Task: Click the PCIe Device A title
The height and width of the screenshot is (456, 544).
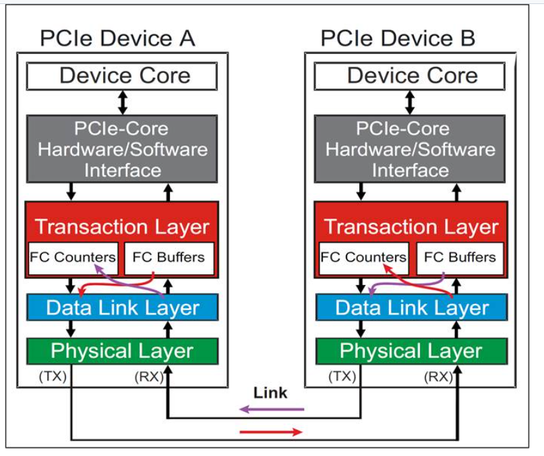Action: click(117, 38)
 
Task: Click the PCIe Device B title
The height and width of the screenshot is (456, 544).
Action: click(398, 38)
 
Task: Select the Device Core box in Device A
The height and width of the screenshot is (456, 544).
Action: click(122, 76)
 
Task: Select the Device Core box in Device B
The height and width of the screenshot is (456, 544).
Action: click(411, 76)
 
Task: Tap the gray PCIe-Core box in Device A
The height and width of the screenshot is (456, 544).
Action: click(122, 149)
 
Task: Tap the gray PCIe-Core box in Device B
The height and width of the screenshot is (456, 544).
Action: click(411, 149)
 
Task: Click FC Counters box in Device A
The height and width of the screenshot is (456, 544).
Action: click(73, 257)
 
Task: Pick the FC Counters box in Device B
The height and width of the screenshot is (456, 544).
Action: click(363, 257)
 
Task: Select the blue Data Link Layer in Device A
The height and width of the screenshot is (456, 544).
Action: click(122, 308)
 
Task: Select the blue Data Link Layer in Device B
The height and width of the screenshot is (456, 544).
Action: click(411, 308)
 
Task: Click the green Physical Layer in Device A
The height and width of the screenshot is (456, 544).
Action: click(122, 351)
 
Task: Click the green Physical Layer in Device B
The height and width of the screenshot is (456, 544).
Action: click(411, 351)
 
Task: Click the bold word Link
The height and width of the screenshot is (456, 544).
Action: click(270, 393)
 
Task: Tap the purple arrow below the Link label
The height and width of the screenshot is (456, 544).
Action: click(272, 409)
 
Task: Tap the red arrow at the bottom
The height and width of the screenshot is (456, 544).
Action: click(272, 432)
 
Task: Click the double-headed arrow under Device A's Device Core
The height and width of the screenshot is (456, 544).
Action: click(122, 102)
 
